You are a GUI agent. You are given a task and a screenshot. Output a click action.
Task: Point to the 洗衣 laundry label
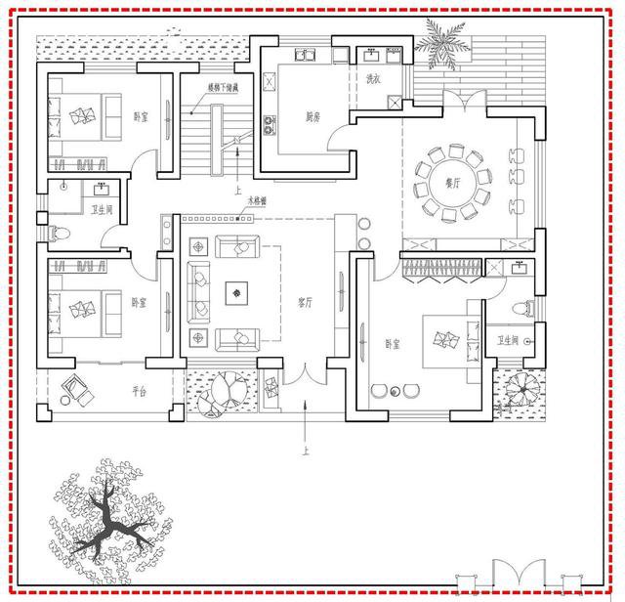[x=373, y=79]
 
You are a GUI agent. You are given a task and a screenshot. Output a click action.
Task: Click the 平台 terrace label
[x=139, y=392]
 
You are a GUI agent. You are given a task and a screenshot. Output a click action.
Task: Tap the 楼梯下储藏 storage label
[x=225, y=88]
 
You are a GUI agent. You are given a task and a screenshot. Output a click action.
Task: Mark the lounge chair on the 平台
[x=76, y=390]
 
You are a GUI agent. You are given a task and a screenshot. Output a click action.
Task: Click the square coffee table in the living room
[x=235, y=290]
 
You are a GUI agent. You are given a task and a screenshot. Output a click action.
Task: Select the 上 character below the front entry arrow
[x=307, y=452]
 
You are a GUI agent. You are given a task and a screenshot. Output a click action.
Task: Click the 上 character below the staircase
[x=237, y=193]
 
